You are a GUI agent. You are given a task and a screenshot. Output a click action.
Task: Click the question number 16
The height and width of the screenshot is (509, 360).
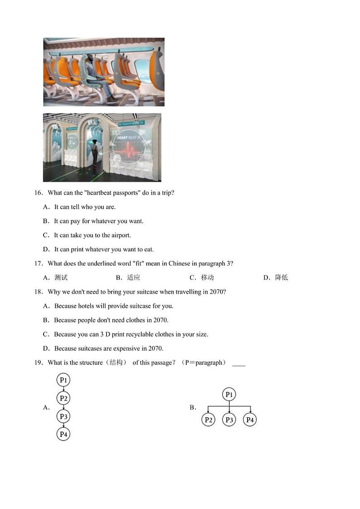[38, 193]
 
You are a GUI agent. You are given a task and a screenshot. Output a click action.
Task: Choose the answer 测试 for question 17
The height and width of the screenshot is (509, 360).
[61, 278]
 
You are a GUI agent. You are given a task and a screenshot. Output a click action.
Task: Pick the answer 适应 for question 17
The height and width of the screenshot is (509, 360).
[133, 278]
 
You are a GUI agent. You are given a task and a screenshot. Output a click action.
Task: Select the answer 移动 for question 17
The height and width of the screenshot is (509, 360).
[207, 278]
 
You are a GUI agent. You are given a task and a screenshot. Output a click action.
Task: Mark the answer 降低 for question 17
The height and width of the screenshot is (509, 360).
[281, 278]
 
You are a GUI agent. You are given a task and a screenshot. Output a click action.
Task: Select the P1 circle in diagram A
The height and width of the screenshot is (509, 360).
[63, 380]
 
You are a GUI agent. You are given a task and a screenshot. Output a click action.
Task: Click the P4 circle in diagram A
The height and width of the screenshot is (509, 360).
[63, 434]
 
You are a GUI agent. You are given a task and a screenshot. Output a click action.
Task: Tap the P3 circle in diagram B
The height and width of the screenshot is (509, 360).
[229, 420]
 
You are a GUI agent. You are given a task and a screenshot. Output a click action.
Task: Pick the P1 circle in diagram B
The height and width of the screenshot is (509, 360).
[229, 395]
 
